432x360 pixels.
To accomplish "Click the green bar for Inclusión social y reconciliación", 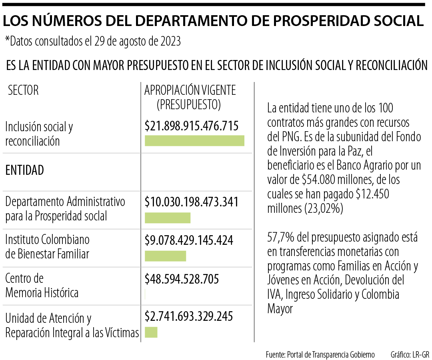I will coord(194,140).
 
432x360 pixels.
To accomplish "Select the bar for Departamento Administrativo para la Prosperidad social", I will coord(167,218).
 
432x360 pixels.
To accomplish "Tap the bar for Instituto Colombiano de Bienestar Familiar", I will coord(165,256).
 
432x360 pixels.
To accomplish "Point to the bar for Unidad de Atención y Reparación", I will coord(151,332).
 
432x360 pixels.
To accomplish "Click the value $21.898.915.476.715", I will coord(192,126).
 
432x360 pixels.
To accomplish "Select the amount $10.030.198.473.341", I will coord(192,202).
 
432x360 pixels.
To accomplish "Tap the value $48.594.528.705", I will coord(182,278).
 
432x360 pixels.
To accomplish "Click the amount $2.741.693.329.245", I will coord(188,316).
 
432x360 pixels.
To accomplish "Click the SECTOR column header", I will coord(24,90).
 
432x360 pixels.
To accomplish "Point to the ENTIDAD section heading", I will coord(24,170).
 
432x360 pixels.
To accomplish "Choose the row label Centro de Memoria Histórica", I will coord(42,286).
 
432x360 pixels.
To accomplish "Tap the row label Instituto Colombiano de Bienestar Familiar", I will coord(47,247).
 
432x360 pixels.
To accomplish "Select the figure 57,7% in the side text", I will coord(280,238).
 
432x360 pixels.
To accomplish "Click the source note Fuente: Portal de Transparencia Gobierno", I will coord(320,355).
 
